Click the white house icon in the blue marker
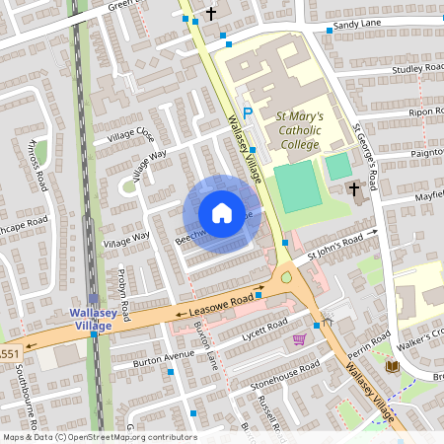pos(222,213)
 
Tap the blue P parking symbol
pos(248,114)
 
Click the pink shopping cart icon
pos(299,340)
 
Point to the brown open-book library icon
pos(392,367)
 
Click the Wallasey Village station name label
pos(95,319)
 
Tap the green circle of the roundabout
pos(287,278)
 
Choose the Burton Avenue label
pos(164,356)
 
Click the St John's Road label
pos(341,245)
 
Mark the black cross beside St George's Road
pos(352,187)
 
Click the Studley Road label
pos(418,69)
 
